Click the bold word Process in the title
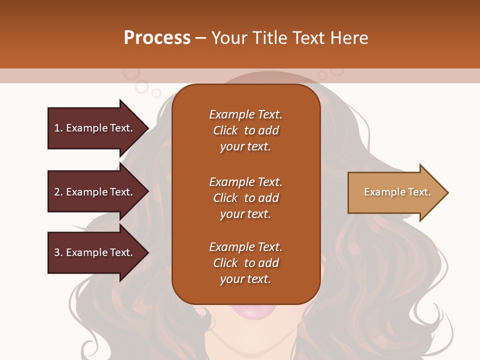157,38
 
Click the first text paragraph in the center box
245,130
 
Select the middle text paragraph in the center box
245,198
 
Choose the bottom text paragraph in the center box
245,263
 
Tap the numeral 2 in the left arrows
57,192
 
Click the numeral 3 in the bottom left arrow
57,252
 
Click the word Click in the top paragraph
225,130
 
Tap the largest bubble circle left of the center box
142,87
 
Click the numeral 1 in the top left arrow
57,128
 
